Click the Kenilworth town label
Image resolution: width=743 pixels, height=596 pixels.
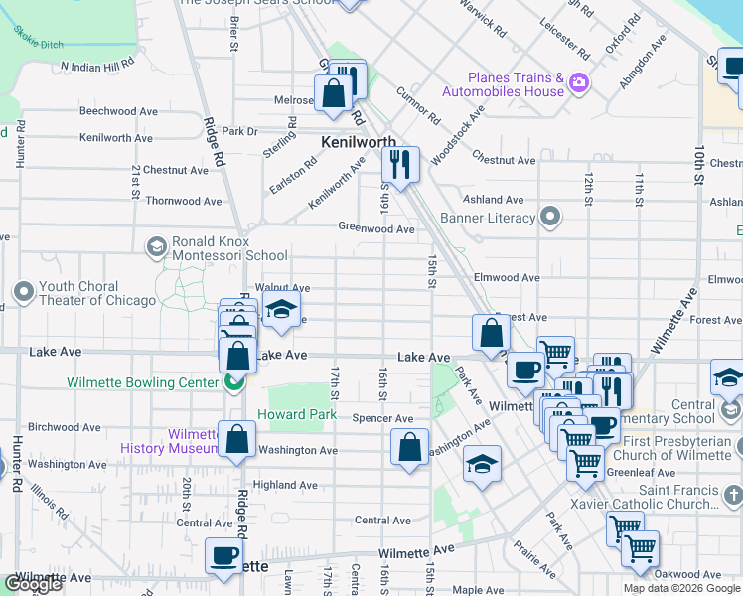pyautogui.click(x=359, y=142)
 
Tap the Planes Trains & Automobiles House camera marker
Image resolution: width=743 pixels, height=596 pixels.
pyautogui.click(x=578, y=85)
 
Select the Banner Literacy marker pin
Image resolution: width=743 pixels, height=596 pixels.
pyautogui.click(x=551, y=218)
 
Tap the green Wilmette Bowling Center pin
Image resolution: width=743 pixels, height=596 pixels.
pyautogui.click(x=234, y=382)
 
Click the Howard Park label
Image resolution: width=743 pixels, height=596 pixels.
pyautogui.click(x=290, y=414)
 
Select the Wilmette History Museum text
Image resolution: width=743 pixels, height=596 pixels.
pyautogui.click(x=168, y=441)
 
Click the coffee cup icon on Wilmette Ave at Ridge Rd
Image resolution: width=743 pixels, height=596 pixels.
pyautogui.click(x=224, y=555)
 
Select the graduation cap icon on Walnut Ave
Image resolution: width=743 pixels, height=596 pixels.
pyautogui.click(x=281, y=310)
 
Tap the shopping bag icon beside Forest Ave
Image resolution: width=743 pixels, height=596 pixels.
pyautogui.click(x=491, y=334)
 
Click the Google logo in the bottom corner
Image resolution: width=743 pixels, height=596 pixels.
pyautogui.click(x=34, y=584)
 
